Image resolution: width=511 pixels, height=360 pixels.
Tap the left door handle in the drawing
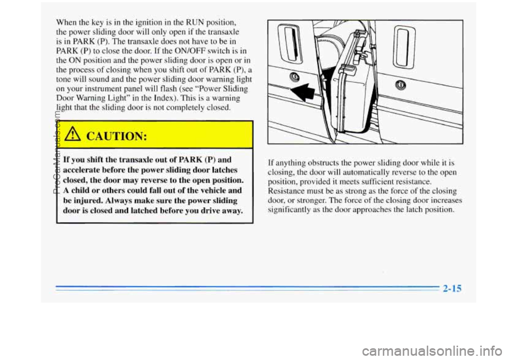pos(293,45)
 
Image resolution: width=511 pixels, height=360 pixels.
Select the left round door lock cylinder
pos(294,77)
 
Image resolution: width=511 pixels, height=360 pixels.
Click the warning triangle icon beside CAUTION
pos(71,134)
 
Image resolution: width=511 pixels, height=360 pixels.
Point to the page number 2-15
pos(452,288)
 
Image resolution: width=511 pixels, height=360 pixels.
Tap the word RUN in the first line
pos(195,22)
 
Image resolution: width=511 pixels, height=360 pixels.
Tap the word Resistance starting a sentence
pos(282,191)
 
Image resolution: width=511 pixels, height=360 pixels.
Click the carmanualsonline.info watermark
pos(435,351)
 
